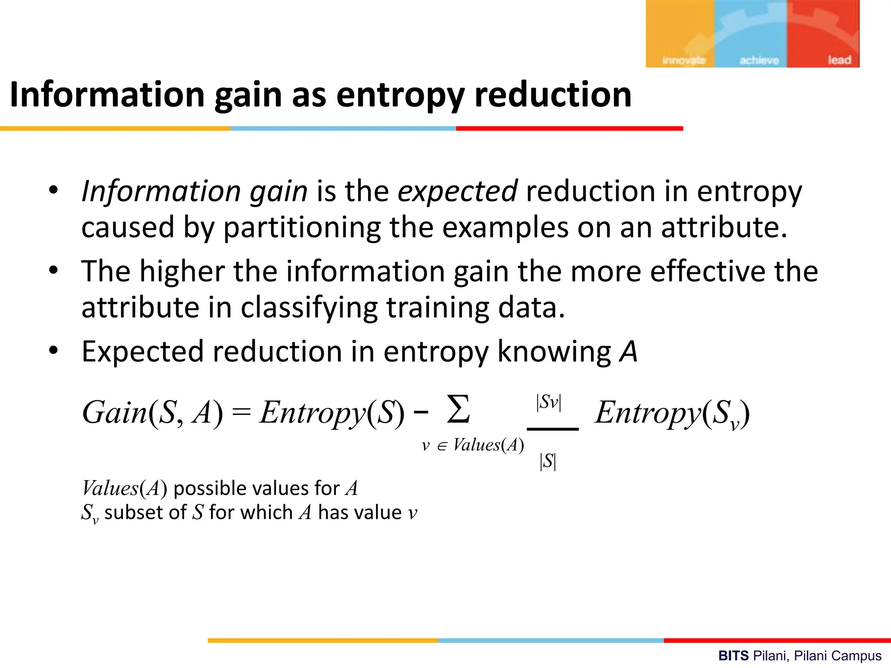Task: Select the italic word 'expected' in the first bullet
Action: coord(457,191)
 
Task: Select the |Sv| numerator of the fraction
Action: coord(549,402)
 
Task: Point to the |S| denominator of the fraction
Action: coord(548,461)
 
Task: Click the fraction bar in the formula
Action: coord(553,429)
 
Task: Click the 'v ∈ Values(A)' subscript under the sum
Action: coord(473,445)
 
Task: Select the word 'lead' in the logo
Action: coord(839,60)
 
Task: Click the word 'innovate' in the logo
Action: coord(683,60)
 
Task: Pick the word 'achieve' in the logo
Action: coord(759,60)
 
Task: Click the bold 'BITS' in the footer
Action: coord(734,655)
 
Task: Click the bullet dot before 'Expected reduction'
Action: coord(53,351)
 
